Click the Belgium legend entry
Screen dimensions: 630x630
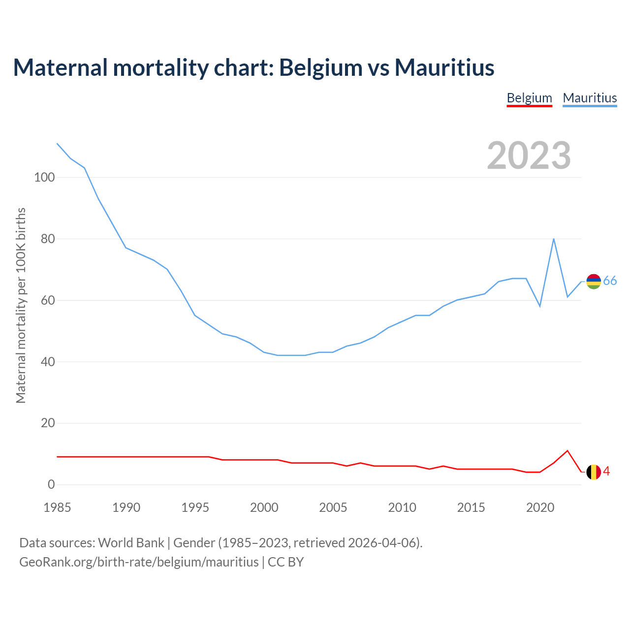(529, 98)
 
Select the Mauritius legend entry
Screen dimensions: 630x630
(590, 98)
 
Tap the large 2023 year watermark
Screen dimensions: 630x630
(529, 156)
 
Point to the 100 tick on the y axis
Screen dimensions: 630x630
(44, 177)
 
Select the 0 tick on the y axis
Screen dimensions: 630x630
(51, 485)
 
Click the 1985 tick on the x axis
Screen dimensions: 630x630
(57, 507)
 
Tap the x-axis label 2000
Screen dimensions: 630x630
(264, 507)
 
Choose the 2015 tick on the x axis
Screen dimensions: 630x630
(471, 507)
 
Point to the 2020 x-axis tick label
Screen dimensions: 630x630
(540, 507)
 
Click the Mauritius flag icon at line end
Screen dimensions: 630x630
(594, 282)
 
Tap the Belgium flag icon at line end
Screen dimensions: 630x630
(594, 472)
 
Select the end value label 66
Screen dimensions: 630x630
(610, 281)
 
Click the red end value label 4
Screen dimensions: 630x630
(606, 472)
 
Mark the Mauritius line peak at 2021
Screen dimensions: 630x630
(554, 239)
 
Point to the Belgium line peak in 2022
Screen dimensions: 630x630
(567, 450)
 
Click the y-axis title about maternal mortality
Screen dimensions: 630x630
(21, 305)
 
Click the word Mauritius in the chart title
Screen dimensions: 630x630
(444, 67)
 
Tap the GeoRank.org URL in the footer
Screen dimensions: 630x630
(139, 562)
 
